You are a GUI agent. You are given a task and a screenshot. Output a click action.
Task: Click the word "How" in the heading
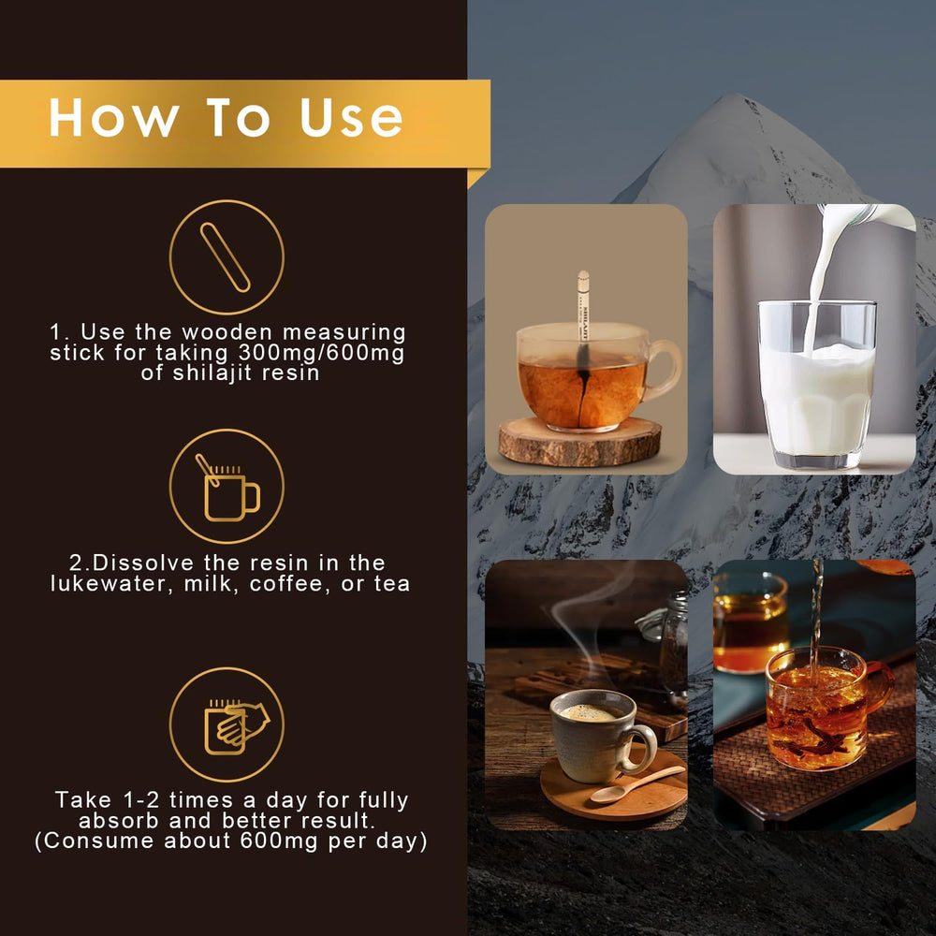pos(113,118)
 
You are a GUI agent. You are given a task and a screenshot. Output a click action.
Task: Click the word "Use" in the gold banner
pos(352,118)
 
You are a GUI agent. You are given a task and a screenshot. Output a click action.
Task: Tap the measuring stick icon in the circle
pos(226,257)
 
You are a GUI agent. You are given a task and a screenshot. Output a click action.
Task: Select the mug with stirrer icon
pos(227,489)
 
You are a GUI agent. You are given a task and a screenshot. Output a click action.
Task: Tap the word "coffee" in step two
pos(300,583)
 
